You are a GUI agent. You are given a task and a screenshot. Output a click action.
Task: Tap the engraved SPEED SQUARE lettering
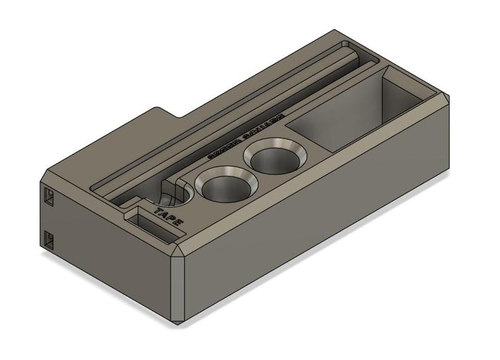coord(245,136)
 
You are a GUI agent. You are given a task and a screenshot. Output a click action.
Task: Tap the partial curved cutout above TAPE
coord(175,193)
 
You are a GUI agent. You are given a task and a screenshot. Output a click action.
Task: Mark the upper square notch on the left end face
coord(49,197)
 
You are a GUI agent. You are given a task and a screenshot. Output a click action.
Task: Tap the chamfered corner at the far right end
coord(447,100)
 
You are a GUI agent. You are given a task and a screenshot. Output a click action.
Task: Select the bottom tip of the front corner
coord(181,322)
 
